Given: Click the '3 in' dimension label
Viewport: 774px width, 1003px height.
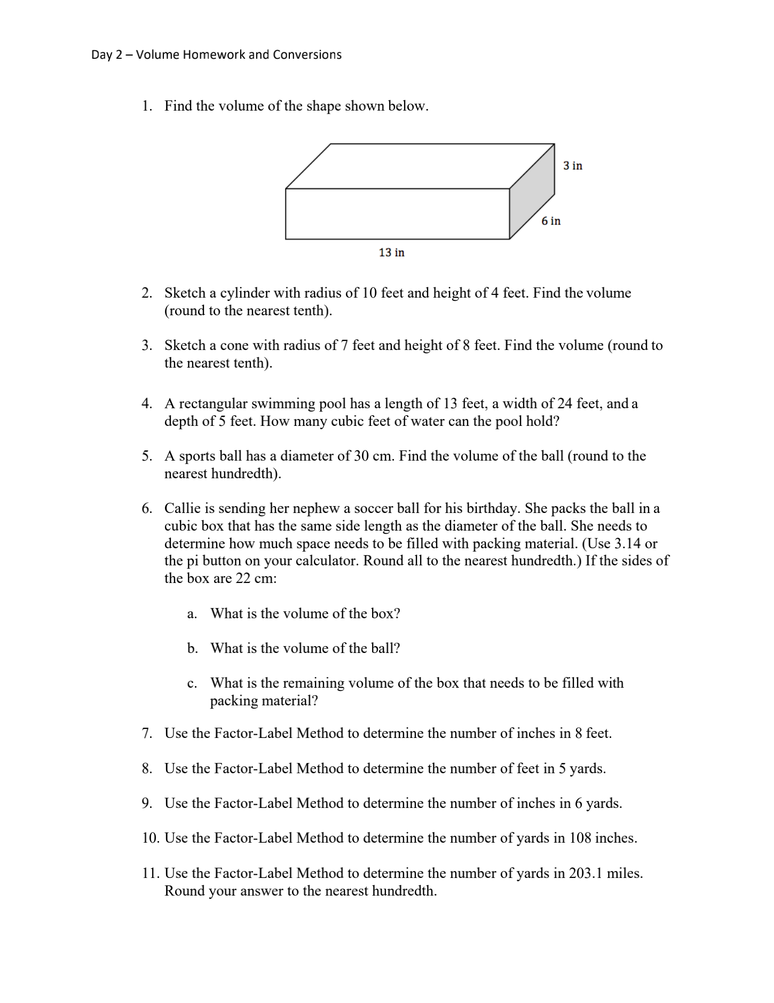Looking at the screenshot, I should tap(572, 166).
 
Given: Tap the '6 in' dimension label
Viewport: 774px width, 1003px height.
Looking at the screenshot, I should tap(550, 221).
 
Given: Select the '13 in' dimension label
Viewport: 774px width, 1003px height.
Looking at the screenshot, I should tap(391, 252).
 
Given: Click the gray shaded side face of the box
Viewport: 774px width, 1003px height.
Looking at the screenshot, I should tap(532, 195).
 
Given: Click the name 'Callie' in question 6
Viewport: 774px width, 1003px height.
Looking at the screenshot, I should tap(181, 508).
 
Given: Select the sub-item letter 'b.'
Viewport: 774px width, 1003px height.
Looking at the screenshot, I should tap(193, 648).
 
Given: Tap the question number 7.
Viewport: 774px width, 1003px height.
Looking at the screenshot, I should tap(147, 733).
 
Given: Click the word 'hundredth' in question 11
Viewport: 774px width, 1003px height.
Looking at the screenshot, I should tap(402, 891).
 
